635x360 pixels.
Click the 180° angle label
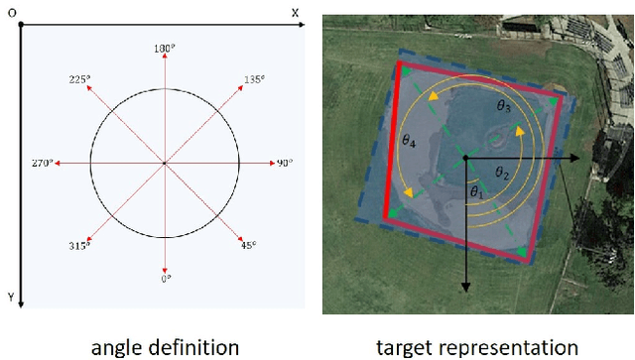[165, 48]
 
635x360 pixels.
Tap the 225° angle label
[78, 78]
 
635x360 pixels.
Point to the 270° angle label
[41, 163]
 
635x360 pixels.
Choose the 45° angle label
[248, 244]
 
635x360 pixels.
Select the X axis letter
[295, 13]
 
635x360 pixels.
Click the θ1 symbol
[477, 191]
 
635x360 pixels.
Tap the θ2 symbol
[503, 174]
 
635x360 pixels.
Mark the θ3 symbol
[504, 104]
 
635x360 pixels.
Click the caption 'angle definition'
[165, 346]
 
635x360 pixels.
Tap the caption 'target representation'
[477, 346]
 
